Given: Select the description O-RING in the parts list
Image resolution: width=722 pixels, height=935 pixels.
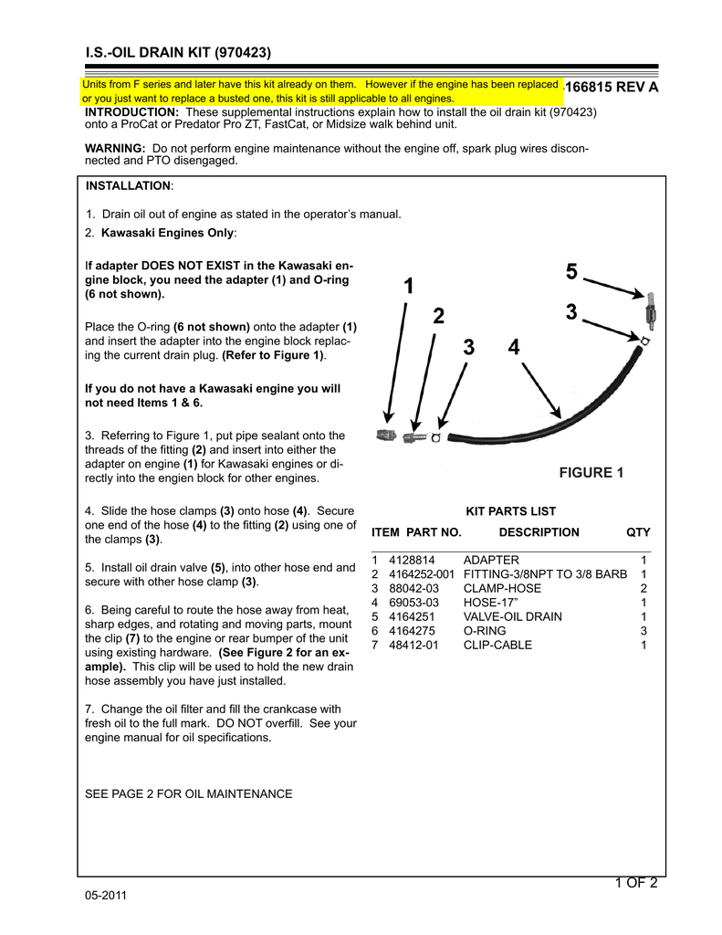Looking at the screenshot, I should coord(485,631).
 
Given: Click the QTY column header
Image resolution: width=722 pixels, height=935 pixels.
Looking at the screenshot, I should coord(638,532).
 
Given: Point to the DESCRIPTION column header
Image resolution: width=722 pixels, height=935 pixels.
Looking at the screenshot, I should coord(539,532).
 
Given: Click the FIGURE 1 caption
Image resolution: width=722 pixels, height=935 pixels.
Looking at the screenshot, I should coord(591,472).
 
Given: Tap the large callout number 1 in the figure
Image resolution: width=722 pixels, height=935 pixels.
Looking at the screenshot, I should coord(407,287).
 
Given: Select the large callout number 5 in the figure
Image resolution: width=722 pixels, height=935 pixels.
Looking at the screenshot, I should coord(571,272).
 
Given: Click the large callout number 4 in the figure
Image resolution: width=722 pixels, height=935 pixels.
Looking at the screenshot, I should coord(514,348).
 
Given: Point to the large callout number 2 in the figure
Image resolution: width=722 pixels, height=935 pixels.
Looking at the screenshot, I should coord(438,317).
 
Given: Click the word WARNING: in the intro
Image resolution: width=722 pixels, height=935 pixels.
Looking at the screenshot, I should coord(115,148).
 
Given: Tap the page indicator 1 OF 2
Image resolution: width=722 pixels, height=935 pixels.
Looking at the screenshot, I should coord(636,881).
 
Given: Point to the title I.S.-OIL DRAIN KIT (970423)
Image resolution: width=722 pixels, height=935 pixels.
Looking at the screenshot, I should coord(178,53).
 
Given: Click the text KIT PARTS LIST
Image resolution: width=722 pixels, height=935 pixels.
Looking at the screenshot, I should coord(510,511).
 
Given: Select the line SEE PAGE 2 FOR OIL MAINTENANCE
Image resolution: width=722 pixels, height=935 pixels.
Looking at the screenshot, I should coord(188,793).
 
